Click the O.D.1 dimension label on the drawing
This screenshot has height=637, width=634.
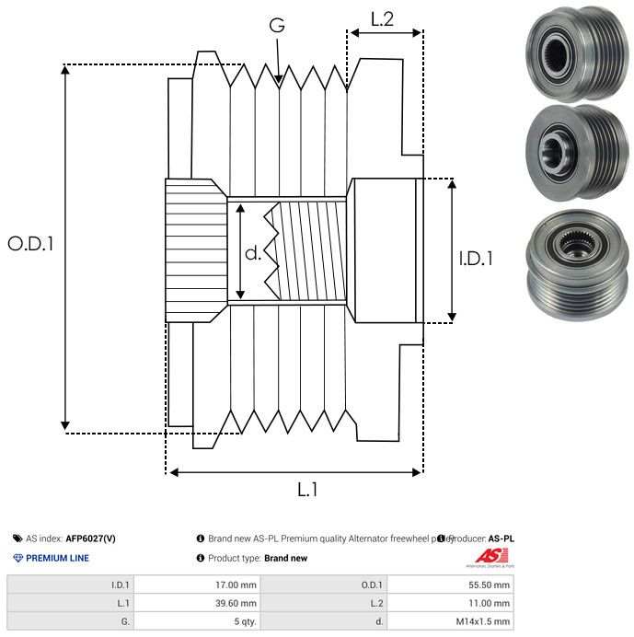tap(31, 244)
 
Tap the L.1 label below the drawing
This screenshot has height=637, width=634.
tap(306, 491)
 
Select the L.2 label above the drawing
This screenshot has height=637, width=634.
tap(382, 17)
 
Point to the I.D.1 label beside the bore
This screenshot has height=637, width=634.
tap(476, 259)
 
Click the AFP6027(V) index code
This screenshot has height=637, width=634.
tap(90, 539)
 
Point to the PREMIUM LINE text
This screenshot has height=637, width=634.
tap(57, 558)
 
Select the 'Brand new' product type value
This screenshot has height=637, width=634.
tap(285, 558)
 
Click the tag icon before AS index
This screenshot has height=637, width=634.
tap(17, 539)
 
